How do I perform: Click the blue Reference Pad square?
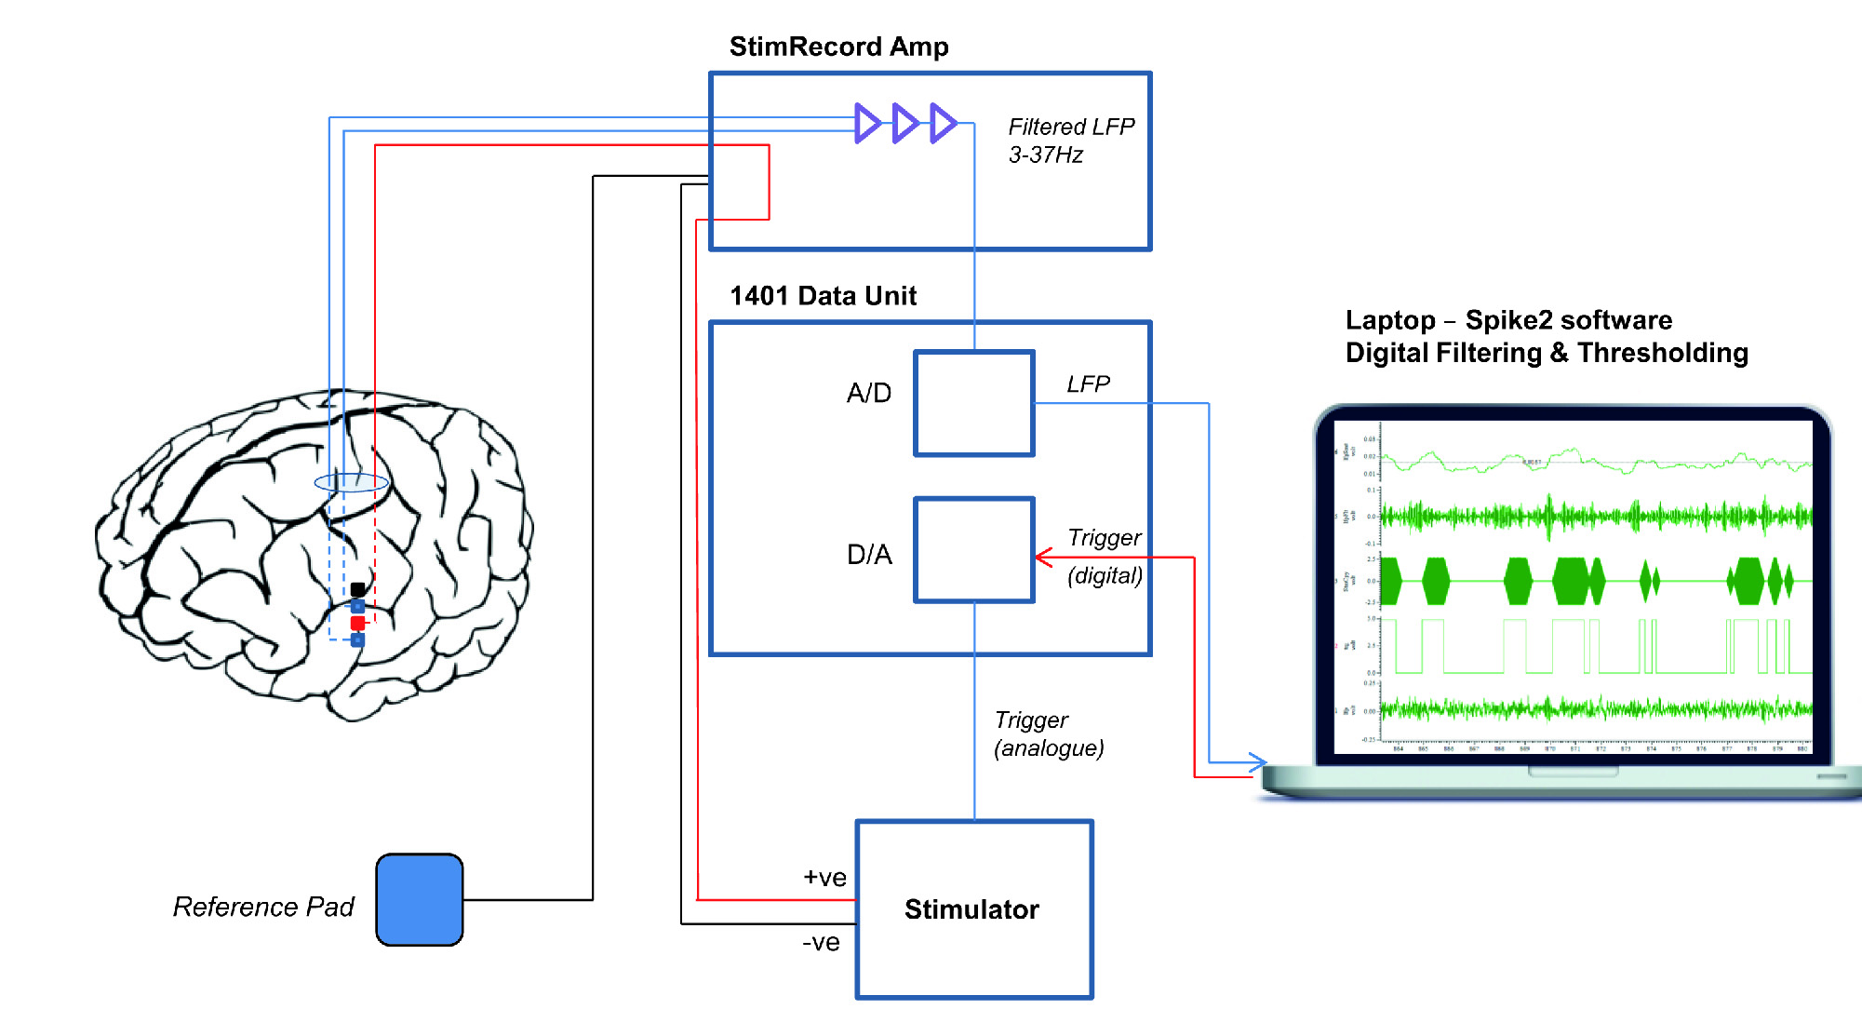(x=420, y=899)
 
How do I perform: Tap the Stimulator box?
(x=973, y=909)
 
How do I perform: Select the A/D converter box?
(x=974, y=403)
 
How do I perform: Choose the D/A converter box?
(x=974, y=550)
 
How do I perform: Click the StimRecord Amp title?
(x=838, y=47)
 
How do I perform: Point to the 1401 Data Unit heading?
(x=823, y=296)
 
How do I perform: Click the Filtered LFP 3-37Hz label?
(x=1071, y=141)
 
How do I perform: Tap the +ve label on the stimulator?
(x=824, y=878)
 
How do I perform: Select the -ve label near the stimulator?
(x=821, y=943)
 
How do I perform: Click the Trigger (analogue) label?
(x=1049, y=734)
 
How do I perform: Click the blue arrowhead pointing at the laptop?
(x=1257, y=762)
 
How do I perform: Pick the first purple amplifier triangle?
(x=867, y=123)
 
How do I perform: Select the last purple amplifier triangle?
(x=943, y=123)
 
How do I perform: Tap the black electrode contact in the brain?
(x=357, y=589)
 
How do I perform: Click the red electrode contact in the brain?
(x=357, y=623)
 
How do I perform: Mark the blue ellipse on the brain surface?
(x=351, y=482)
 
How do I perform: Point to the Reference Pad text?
(x=263, y=907)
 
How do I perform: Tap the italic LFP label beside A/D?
(x=1088, y=384)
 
